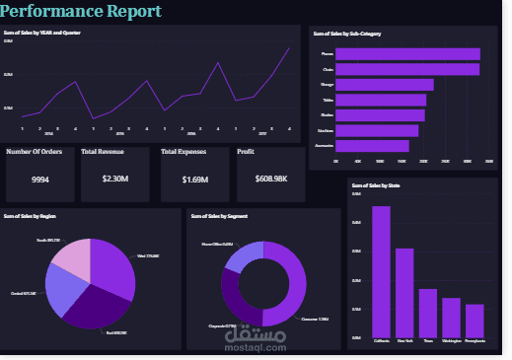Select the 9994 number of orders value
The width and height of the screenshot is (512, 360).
(40, 180)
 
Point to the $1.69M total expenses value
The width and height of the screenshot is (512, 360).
(194, 180)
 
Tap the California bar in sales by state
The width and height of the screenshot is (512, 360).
(381, 270)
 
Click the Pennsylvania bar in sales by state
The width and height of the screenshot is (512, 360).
(475, 320)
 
